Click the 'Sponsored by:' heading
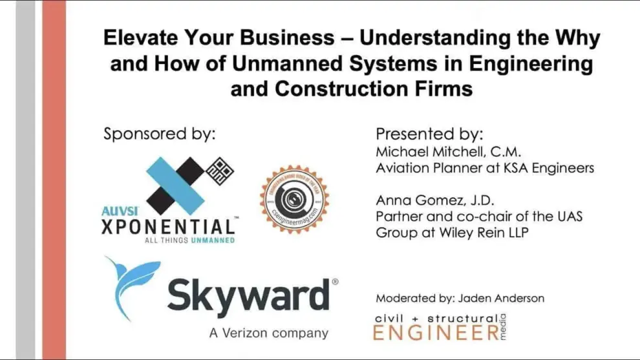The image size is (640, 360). (x=159, y=134)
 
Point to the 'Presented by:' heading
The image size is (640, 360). (x=429, y=134)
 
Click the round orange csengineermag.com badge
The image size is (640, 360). (x=294, y=198)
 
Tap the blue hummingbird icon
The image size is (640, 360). (x=130, y=284)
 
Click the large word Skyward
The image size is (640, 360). (x=248, y=297)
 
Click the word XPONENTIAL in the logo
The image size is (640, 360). (x=168, y=227)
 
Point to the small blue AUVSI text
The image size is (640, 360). (x=117, y=211)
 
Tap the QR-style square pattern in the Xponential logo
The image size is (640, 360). (x=220, y=171)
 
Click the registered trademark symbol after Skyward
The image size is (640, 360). (x=334, y=282)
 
